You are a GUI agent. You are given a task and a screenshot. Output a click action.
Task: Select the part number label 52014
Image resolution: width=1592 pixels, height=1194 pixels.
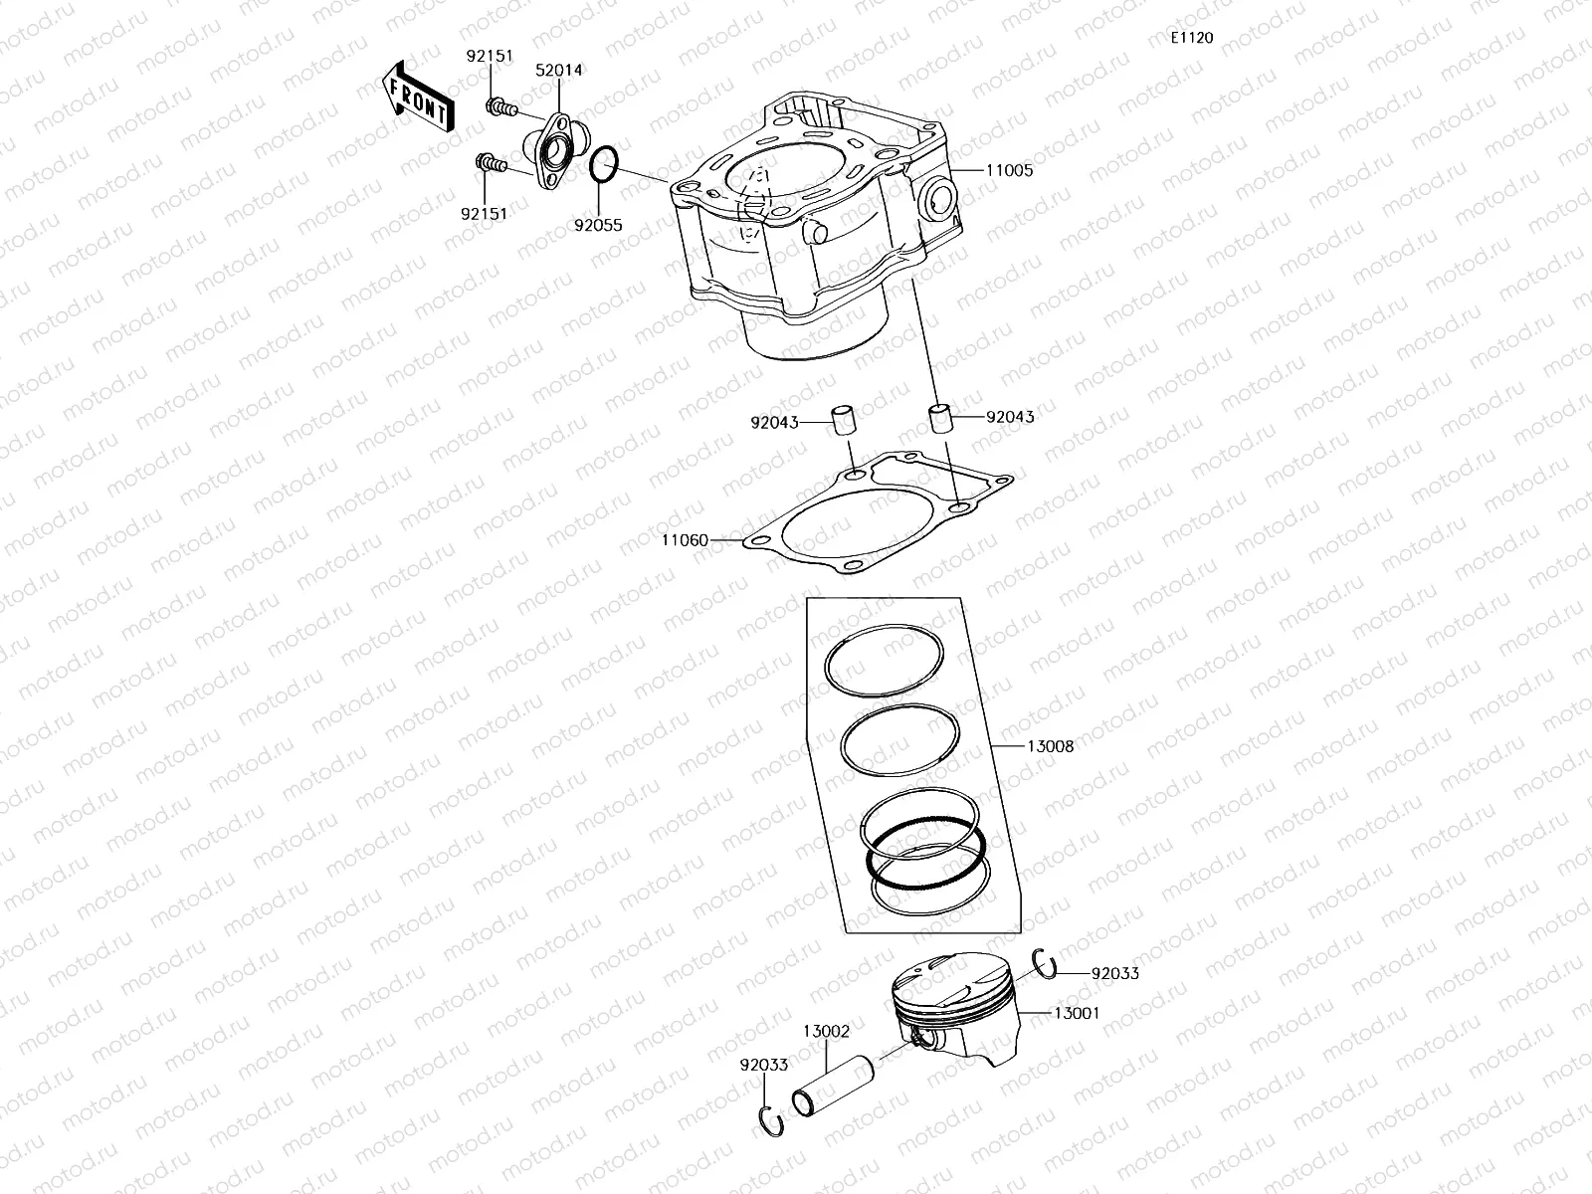click(558, 71)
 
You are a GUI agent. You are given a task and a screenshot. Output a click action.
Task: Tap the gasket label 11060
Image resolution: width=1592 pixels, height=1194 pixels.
click(685, 540)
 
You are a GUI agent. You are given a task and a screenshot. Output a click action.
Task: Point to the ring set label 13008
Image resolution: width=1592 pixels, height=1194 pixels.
click(1050, 745)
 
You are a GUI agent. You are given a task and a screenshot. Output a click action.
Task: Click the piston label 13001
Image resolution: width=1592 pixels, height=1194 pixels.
click(1076, 1013)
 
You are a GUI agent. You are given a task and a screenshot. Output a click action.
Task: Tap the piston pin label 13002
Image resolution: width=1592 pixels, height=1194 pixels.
click(826, 1032)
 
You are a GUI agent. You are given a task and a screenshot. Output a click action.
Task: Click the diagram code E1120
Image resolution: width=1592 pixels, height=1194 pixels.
click(1191, 38)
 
